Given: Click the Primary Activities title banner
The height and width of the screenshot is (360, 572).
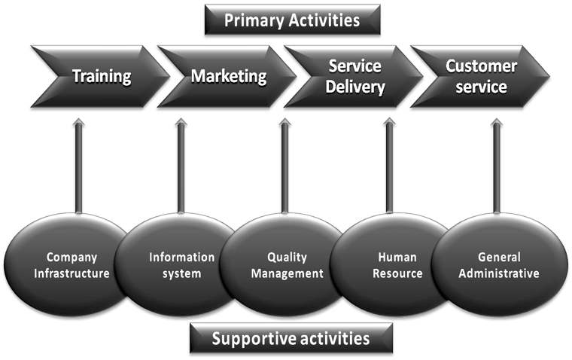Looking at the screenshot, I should (x=292, y=20).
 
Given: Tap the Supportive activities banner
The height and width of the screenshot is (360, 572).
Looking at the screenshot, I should (x=291, y=338).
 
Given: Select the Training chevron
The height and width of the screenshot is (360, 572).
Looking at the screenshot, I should (x=101, y=76).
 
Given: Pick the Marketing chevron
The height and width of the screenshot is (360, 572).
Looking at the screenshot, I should (x=227, y=76).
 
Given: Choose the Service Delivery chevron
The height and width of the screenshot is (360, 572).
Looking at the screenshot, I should (x=355, y=76).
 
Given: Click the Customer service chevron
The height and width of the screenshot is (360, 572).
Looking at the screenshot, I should (x=480, y=76).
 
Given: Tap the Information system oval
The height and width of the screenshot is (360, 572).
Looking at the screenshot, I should (x=181, y=265).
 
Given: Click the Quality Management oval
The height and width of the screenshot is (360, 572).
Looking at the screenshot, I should (x=286, y=265).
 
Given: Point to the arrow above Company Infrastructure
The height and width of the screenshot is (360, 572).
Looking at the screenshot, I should (x=78, y=166).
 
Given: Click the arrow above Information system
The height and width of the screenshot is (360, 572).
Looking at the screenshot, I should (x=181, y=166).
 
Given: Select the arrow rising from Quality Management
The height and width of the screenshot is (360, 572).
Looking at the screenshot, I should (x=284, y=166).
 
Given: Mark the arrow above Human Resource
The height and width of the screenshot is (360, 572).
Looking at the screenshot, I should (x=389, y=166).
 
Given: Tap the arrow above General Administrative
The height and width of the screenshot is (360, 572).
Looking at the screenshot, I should (x=496, y=166).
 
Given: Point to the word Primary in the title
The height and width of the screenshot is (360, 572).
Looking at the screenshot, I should (x=254, y=20).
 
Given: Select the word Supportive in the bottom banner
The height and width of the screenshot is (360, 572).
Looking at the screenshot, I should (x=251, y=338).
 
